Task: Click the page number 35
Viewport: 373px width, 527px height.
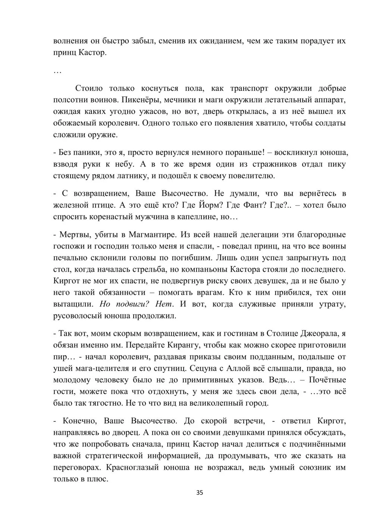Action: (200, 493)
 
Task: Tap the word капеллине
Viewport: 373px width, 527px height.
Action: (200, 217)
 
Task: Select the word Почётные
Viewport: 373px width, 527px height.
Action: (327, 380)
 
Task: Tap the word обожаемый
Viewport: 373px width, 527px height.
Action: (74, 123)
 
